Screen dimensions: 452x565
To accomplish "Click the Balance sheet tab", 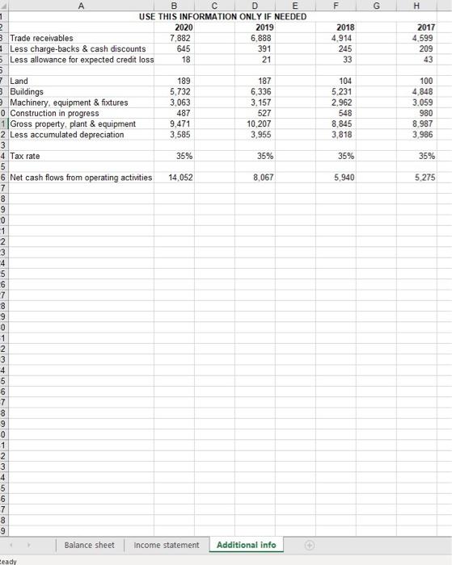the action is [90, 545].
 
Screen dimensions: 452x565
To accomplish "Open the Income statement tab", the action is [166, 545].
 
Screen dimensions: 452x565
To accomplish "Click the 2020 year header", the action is [183, 27].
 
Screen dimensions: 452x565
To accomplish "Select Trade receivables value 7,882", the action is [182, 38].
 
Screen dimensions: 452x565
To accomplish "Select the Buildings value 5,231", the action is [344, 92].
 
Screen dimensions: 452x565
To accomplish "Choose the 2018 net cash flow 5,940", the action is [344, 177].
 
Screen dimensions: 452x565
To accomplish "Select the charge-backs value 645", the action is [184, 48].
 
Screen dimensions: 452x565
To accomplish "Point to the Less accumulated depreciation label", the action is [67, 134].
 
